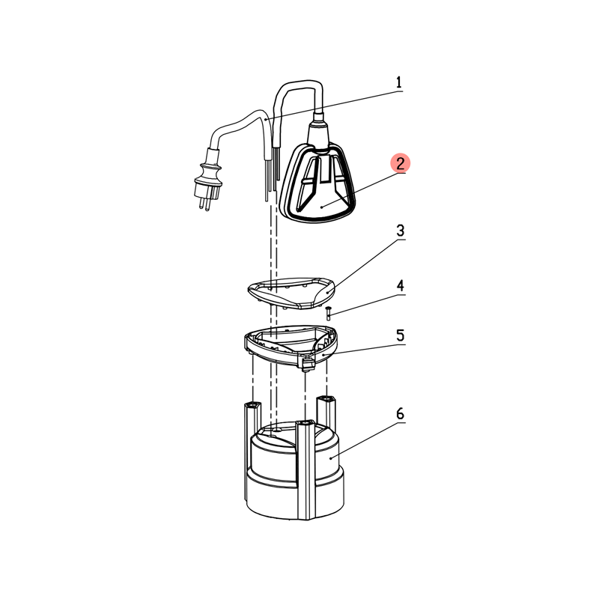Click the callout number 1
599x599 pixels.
tap(399, 82)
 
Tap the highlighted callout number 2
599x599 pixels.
tap(400, 163)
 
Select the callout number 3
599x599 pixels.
tap(400, 231)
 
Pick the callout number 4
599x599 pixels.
tap(400, 286)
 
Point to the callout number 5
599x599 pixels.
tap(400, 335)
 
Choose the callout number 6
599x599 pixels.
tap(400, 414)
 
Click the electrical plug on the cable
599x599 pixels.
tap(209, 180)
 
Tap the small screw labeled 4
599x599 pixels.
tap(328, 313)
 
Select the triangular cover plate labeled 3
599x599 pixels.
tap(291, 294)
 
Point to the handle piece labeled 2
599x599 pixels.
tap(317, 181)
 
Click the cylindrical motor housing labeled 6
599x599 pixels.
tap(294, 470)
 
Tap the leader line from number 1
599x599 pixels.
tap(333, 106)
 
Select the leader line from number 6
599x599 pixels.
tap(368, 440)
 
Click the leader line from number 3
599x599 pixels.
tap(366, 266)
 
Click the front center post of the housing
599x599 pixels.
tap(305, 470)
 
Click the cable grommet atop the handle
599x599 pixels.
tap(319, 130)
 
